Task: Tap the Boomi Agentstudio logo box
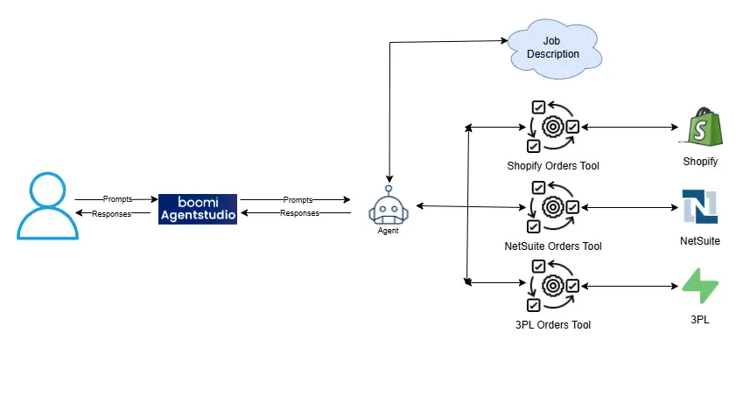pyautogui.click(x=198, y=208)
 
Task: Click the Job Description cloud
pyautogui.click(x=554, y=48)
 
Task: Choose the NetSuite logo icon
pyautogui.click(x=700, y=206)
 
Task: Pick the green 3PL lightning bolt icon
pyautogui.click(x=700, y=286)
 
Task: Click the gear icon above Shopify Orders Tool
pyautogui.click(x=552, y=127)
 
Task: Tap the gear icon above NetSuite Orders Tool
pyautogui.click(x=552, y=207)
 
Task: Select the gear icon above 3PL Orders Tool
pyautogui.click(x=552, y=286)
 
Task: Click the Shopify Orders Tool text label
pyautogui.click(x=553, y=165)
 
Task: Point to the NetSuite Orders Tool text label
pyautogui.click(x=553, y=246)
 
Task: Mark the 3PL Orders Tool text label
pyautogui.click(x=553, y=325)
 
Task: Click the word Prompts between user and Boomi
pyautogui.click(x=117, y=199)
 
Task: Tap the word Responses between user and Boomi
pyautogui.click(x=111, y=213)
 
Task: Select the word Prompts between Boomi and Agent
pyautogui.click(x=298, y=200)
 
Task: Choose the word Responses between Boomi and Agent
pyautogui.click(x=299, y=213)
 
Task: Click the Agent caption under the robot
pyautogui.click(x=389, y=232)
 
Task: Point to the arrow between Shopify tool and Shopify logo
pyautogui.click(x=629, y=128)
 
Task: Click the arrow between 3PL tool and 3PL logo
pyautogui.click(x=629, y=286)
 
